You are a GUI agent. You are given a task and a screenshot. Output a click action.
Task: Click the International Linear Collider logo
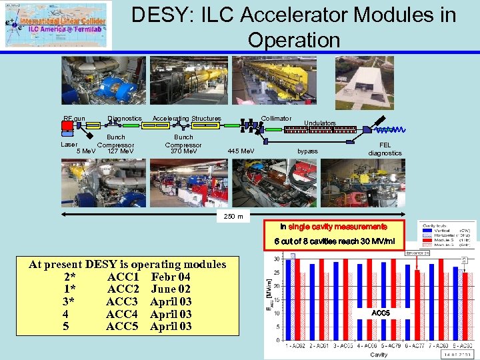58,25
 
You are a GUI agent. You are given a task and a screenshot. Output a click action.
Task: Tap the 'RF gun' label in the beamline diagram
74,119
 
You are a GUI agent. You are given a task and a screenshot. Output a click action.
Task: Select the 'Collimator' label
276,119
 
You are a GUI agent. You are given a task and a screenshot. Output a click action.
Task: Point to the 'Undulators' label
320,123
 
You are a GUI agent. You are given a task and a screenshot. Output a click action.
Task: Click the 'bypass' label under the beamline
307,151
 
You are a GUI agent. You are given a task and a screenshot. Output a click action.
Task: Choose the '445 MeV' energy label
241,151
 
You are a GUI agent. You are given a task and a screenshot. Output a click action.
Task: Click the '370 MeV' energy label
183,151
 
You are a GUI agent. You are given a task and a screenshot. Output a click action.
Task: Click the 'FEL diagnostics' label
385,149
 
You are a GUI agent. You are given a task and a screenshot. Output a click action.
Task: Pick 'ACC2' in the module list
123,289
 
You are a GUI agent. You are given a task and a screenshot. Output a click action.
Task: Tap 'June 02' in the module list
171,289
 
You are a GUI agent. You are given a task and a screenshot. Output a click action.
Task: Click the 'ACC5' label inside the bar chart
381,313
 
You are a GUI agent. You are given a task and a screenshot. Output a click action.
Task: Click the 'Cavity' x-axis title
379,355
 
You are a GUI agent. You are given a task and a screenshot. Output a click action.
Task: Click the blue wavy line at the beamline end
391,129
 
